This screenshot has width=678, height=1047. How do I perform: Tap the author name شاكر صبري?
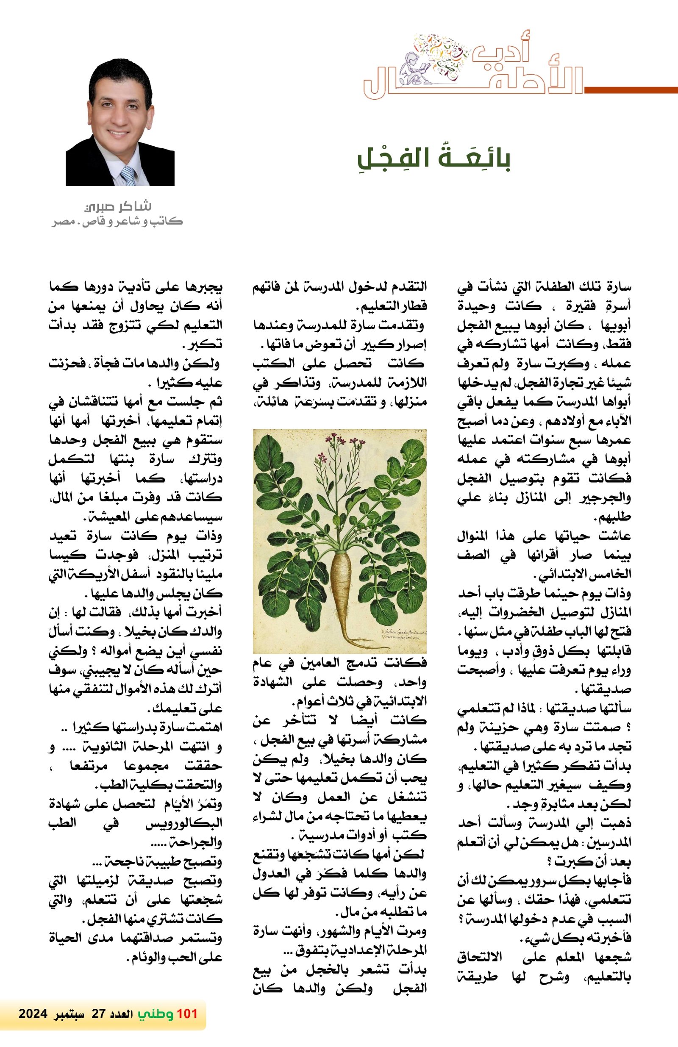[x=118, y=206]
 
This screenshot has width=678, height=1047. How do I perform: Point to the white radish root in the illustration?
[x=341, y=580]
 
